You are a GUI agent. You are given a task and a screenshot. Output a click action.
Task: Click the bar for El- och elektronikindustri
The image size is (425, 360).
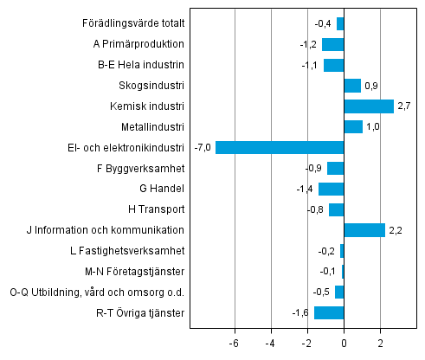280,147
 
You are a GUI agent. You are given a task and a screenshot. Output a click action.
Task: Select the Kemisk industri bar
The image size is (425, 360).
369,106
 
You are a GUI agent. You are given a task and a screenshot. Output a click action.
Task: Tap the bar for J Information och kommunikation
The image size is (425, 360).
364,230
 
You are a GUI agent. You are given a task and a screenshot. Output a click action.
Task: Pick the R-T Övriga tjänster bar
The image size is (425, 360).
329,312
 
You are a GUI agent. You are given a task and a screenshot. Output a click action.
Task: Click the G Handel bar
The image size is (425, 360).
331,189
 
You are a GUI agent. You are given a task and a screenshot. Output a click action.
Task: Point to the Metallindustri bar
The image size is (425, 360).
353,127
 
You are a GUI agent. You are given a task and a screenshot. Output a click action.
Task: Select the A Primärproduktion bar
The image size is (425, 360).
332,44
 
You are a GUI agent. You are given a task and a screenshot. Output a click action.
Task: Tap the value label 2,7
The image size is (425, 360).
403,106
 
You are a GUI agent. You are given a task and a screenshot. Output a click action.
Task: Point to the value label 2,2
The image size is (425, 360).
395,230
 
